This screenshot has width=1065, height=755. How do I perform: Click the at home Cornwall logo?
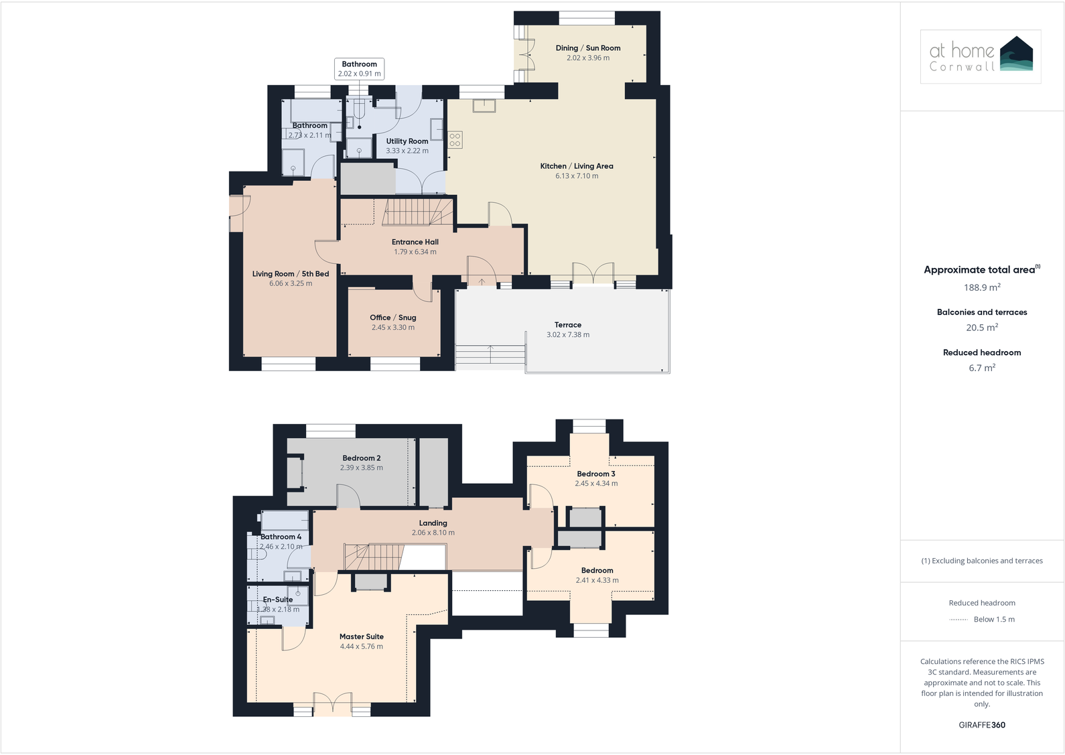coord(981,56)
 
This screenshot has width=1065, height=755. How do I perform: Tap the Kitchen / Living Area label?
coord(577,166)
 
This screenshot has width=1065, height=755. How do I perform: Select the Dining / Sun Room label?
coord(588,48)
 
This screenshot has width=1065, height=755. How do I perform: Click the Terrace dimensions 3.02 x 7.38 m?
coord(568,335)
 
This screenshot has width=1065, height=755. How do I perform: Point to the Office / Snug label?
coord(393,318)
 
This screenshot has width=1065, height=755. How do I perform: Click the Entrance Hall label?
coord(415,242)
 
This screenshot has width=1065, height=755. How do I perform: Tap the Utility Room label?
coord(407,141)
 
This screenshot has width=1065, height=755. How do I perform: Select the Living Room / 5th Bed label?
coord(291,274)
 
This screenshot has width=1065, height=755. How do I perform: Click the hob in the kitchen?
coord(455,140)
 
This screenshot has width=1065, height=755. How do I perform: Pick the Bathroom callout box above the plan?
coord(360,69)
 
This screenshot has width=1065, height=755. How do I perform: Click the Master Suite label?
coord(362,637)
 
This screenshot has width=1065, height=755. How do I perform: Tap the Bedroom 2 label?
coord(362,458)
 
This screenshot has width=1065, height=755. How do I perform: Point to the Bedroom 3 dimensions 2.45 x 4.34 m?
coord(596,484)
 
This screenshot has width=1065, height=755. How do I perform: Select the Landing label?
coord(433,523)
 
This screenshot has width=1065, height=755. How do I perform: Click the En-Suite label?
coord(278,600)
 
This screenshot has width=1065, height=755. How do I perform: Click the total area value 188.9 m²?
coord(982,287)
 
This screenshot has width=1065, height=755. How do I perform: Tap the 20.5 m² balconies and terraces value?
coord(982,328)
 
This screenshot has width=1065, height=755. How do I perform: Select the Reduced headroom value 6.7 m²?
coord(982,368)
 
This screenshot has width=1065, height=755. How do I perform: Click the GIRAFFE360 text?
coord(982,725)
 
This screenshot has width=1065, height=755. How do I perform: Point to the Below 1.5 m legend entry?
coord(994,620)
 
